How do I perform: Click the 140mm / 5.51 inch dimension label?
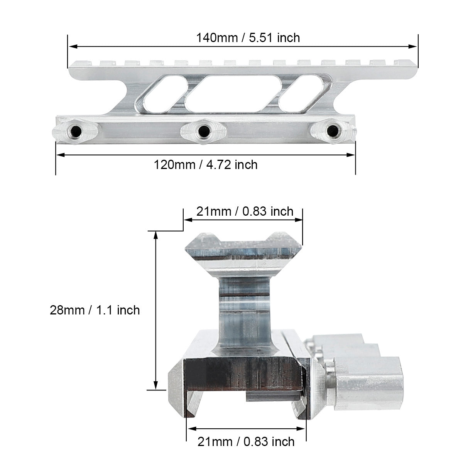248,38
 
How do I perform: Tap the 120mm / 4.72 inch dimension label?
205,165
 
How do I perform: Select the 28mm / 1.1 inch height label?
95,310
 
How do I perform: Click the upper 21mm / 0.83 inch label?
245,211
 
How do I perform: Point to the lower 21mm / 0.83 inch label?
246,442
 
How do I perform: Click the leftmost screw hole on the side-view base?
76,131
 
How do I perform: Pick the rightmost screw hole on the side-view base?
333,131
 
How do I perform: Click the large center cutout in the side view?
233,94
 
